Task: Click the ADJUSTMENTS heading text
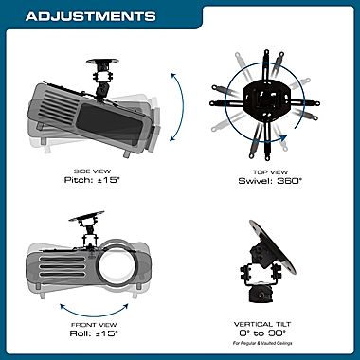pos(90,16)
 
